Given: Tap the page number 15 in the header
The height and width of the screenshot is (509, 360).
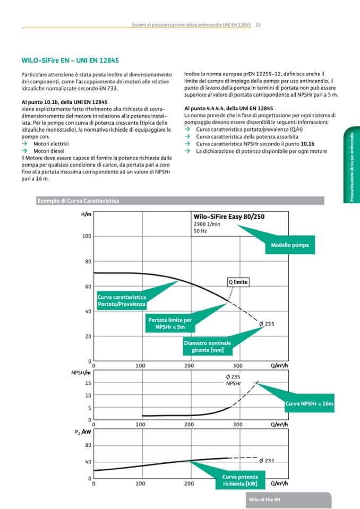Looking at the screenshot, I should pyautogui.click(x=258, y=24).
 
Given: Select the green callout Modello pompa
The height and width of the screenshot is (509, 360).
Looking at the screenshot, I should pyautogui.click(x=289, y=245).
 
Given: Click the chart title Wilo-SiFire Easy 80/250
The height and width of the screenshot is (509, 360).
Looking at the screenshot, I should pyautogui.click(x=229, y=217).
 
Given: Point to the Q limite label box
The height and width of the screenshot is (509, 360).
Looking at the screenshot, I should pyautogui.click(x=238, y=282).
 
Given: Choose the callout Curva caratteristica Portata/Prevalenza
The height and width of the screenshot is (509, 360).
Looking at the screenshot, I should pyautogui.click(x=122, y=301).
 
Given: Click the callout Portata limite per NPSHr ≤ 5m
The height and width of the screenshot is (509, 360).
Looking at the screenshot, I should pyautogui.click(x=170, y=324).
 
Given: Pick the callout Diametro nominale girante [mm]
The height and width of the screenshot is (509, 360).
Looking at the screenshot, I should pyautogui.click(x=207, y=347).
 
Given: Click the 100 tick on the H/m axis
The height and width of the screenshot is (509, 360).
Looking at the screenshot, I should pyautogui.click(x=87, y=236).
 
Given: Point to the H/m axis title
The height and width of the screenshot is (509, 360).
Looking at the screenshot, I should pyautogui.click(x=86, y=214).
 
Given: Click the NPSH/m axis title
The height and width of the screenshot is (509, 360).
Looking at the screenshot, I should pyautogui.click(x=81, y=373).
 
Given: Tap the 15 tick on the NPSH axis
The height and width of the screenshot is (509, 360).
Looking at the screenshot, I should pyautogui.click(x=88, y=383).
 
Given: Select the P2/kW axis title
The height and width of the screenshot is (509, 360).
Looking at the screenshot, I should pyautogui.click(x=82, y=433).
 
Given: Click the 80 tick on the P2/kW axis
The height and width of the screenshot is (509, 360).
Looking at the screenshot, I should pyautogui.click(x=87, y=445).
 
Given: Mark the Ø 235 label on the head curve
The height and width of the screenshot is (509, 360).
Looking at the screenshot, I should pyautogui.click(x=266, y=324).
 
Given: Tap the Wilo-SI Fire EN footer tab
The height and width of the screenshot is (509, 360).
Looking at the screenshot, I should pyautogui.click(x=264, y=500).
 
